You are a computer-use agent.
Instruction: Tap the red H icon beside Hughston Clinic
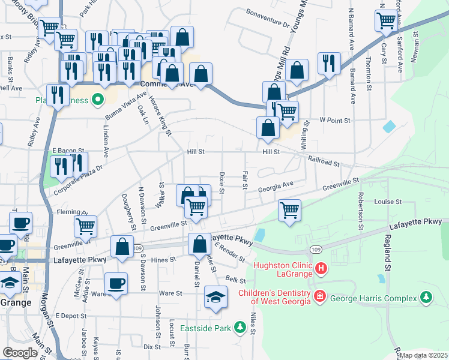[x=321, y=268]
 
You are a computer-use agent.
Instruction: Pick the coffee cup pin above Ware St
[x=116, y=283]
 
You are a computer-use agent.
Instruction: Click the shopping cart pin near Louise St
[x=289, y=210]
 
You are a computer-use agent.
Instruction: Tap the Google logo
[x=20, y=353]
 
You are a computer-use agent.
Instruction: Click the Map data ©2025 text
[x=423, y=355]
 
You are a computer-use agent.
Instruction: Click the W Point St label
[x=334, y=121]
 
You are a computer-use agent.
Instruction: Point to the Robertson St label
[x=361, y=211]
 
